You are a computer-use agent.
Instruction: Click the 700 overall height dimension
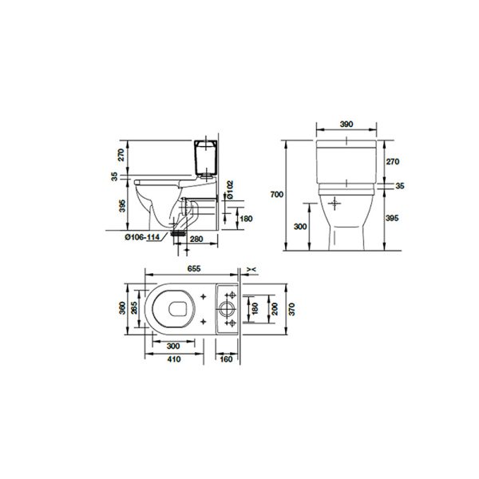(x=277, y=194)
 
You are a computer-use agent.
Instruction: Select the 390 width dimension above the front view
(x=346, y=125)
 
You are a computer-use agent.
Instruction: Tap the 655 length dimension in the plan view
(x=194, y=268)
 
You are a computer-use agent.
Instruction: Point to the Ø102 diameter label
(x=230, y=190)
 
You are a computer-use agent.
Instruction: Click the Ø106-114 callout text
(x=142, y=237)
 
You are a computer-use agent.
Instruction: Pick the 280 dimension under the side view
(x=196, y=239)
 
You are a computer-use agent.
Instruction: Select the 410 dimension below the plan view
(x=174, y=359)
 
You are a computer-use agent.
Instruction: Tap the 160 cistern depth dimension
(x=227, y=359)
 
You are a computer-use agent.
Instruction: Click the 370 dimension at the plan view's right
(x=291, y=309)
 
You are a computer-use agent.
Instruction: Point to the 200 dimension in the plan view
(x=275, y=309)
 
